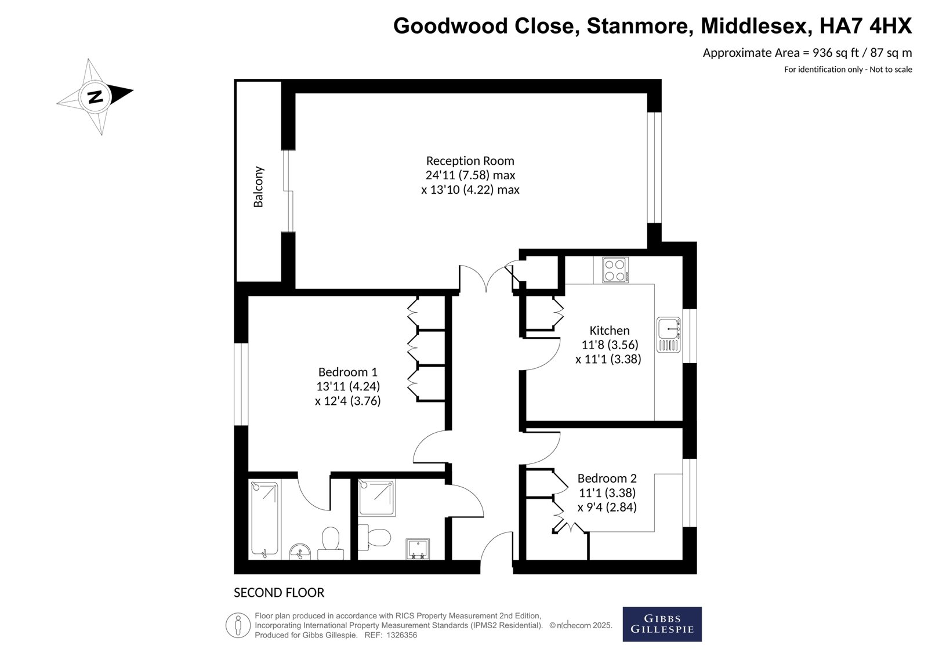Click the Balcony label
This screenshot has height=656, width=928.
click(258, 187)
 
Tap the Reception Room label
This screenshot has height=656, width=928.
click(470, 161)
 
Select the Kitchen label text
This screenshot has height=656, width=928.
click(610, 330)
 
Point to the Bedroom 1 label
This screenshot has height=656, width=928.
click(347, 372)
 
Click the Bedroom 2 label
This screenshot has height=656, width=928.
click(607, 478)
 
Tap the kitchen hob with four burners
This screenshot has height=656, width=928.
click(615, 270)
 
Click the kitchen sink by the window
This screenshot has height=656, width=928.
click(669, 335)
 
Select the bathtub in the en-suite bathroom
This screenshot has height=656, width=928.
click(264, 519)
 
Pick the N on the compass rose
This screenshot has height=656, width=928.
click(96, 97)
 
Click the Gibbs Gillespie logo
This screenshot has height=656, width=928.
click(662, 624)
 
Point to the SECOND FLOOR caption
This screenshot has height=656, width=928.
click(279, 593)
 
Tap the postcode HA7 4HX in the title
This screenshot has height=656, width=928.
click(866, 26)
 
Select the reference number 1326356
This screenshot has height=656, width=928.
click(402, 635)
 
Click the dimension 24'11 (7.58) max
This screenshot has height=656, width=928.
click(470, 175)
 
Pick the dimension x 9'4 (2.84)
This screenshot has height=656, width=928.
click(607, 508)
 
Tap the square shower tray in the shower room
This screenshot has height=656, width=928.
click(376, 497)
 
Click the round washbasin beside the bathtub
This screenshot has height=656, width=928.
click(300, 552)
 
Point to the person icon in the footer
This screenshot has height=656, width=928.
click(238, 625)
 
